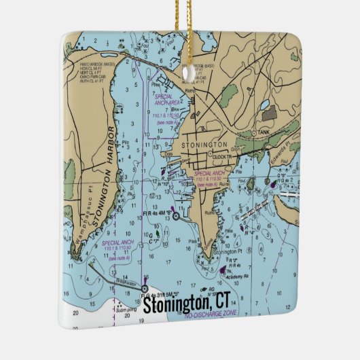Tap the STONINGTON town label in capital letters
(x=203, y=145)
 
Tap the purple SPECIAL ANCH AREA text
(x=167, y=100)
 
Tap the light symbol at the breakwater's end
(x=144, y=288)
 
